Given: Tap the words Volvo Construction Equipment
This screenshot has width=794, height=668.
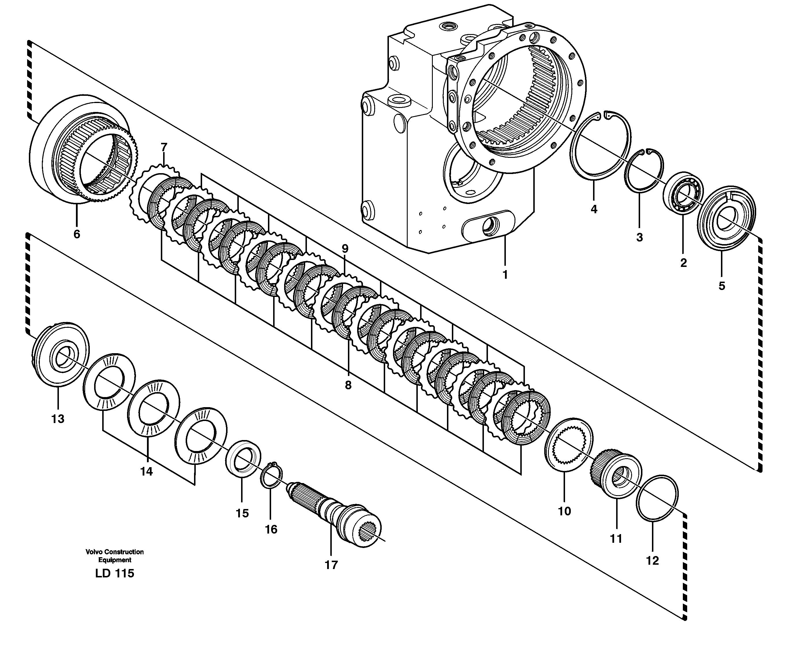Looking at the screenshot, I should coord(114,556).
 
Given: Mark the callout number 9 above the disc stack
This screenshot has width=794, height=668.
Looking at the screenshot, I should coord(344,249).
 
